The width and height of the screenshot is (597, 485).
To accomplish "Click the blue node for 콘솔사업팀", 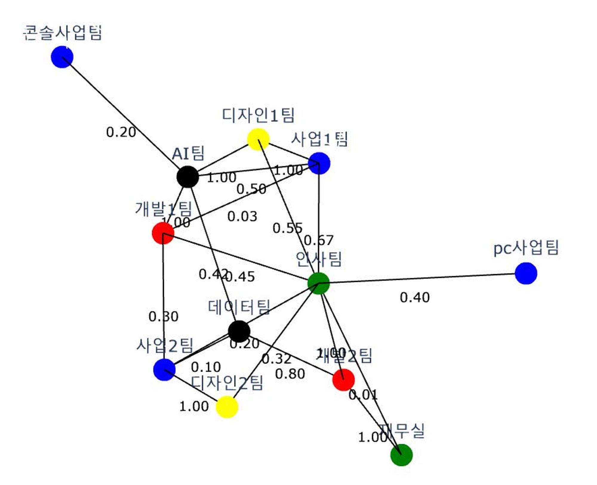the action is (x=62, y=57).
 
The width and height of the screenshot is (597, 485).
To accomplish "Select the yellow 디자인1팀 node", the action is (x=258, y=139).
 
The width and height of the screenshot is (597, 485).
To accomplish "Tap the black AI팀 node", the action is (x=187, y=177).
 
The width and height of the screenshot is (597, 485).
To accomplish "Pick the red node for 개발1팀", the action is (x=163, y=233).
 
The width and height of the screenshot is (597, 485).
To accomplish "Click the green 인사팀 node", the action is (x=318, y=283).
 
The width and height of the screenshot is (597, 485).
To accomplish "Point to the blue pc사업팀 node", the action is (x=526, y=273).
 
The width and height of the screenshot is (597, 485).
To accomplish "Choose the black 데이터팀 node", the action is (x=239, y=331).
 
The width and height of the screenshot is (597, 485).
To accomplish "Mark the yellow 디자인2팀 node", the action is (x=227, y=407).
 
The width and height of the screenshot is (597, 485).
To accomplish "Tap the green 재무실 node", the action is (x=401, y=455).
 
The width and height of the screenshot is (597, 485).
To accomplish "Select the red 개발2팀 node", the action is (x=344, y=379).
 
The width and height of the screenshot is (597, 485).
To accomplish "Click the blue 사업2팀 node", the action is (x=164, y=369).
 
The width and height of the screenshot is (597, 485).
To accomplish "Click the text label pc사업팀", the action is (x=526, y=248).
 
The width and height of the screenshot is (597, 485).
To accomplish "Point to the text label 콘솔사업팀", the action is (x=63, y=33).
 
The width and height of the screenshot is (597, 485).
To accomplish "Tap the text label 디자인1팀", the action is (x=258, y=115).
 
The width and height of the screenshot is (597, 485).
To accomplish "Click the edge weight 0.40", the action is (x=415, y=298).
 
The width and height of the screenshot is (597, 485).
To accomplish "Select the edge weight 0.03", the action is (x=242, y=216).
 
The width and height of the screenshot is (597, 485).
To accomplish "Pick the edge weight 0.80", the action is (x=290, y=374).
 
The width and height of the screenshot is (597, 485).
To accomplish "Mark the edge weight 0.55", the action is (x=287, y=228).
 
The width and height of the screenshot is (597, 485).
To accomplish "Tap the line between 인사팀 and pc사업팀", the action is (x=418, y=278).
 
